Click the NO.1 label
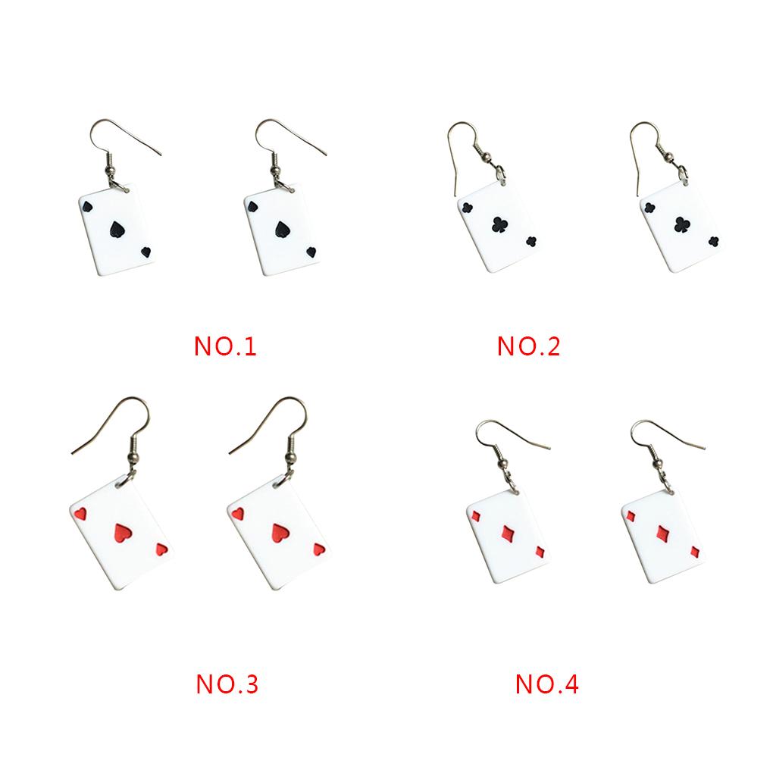click(x=226, y=346)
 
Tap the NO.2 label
click(x=528, y=346)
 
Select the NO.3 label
click(x=227, y=684)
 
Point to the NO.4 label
click(x=546, y=684)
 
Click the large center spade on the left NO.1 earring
click(x=116, y=230)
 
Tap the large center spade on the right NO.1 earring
click(x=280, y=230)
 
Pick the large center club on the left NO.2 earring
click(x=500, y=225)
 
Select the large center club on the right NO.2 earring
click(x=681, y=224)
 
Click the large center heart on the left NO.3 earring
click(x=120, y=533)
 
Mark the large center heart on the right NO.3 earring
click(x=280, y=531)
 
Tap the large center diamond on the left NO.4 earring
click(x=505, y=534)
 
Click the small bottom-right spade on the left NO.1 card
click(x=146, y=252)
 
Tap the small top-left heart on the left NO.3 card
click(x=81, y=515)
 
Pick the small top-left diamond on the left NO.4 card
click(x=475, y=517)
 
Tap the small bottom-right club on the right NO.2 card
click(x=714, y=243)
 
